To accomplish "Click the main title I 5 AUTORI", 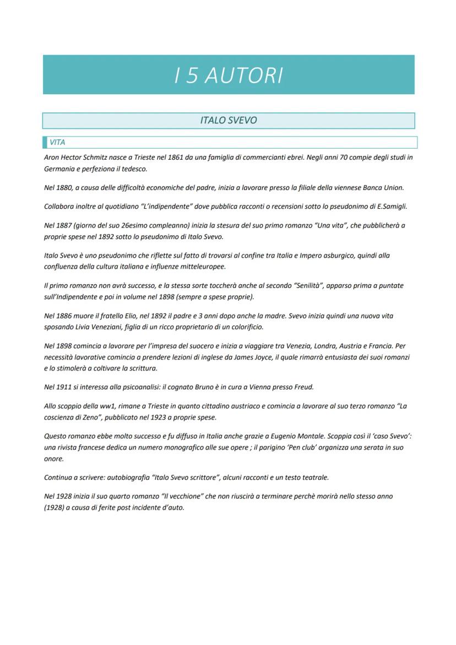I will [x=229, y=75].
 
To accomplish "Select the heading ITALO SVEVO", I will [x=229, y=120].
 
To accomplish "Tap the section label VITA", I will [x=57, y=143].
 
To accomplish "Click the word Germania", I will [x=59, y=169].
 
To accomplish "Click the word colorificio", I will [x=246, y=327].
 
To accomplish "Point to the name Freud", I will [x=302, y=387].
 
